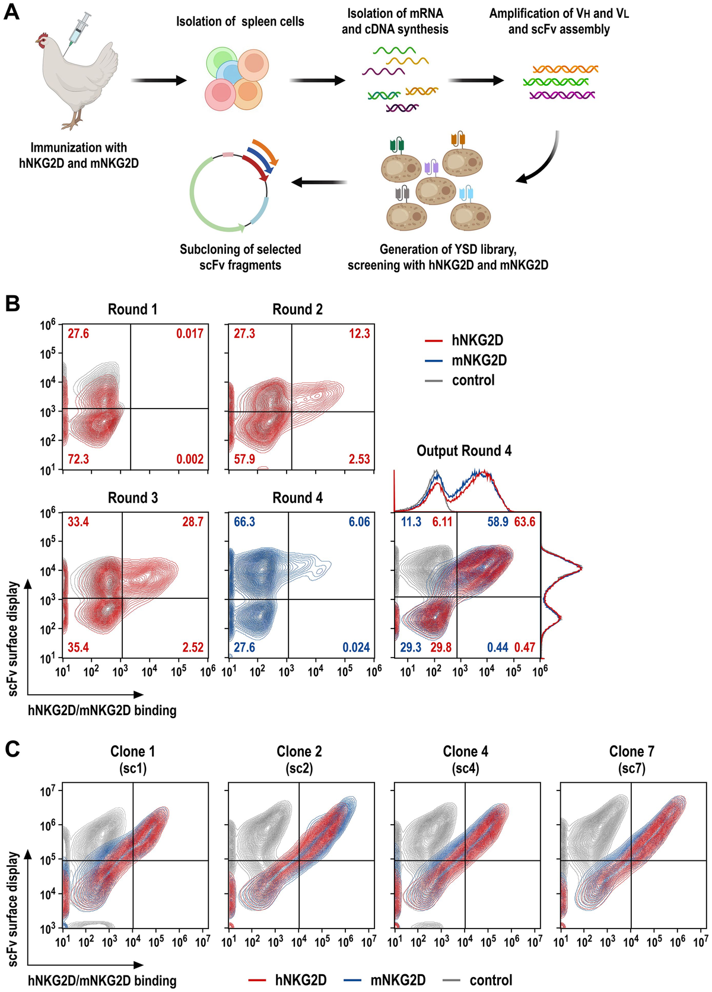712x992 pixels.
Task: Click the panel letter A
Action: point(11,11)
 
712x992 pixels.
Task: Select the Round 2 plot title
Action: point(297,310)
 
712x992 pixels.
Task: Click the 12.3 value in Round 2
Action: point(359,334)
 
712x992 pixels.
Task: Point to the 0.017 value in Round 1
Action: point(190,334)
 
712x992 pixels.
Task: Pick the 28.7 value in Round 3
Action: point(193,522)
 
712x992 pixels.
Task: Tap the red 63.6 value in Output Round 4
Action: point(525,522)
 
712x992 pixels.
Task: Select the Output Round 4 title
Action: point(464,451)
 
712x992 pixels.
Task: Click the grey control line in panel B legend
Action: point(434,381)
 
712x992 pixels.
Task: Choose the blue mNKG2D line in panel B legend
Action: point(434,361)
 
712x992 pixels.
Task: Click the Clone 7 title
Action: point(631,751)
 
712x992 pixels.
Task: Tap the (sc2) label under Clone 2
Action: point(299,768)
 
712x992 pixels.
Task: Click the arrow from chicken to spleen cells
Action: point(158,80)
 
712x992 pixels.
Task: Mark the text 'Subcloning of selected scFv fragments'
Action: point(240,257)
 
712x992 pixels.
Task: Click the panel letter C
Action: point(12,749)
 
